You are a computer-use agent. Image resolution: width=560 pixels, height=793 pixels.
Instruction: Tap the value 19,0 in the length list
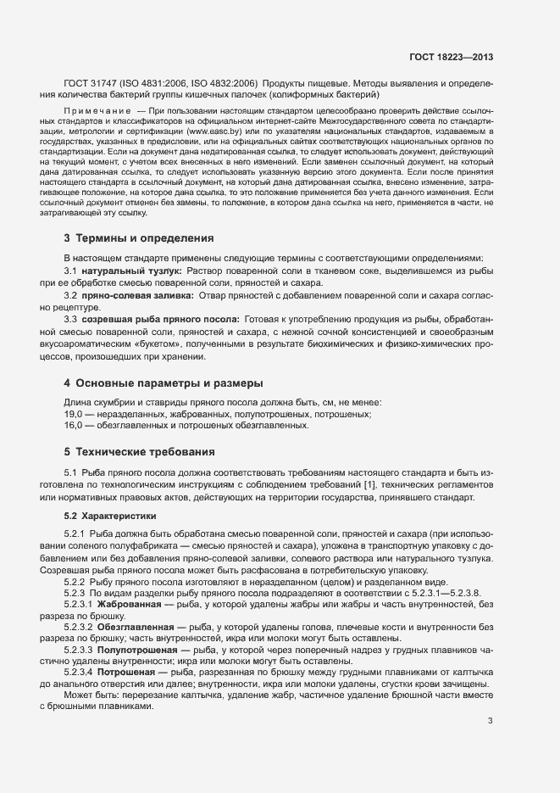coord(73,414)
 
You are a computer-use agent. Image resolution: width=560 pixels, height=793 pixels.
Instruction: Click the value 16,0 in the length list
coord(73,427)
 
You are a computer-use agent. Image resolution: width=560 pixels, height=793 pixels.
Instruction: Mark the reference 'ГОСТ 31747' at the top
coord(91,85)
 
